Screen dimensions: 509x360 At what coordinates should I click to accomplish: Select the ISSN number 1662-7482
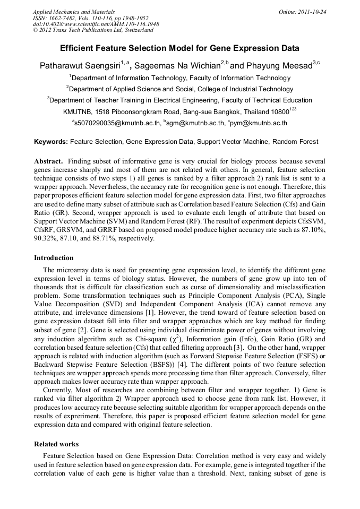[x=61, y=18]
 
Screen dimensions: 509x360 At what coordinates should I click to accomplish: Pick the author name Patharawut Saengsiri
[x=80, y=66]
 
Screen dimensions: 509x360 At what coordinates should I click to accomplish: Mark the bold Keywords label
[x=51, y=142]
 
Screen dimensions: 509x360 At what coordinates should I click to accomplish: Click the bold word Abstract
[x=48, y=161]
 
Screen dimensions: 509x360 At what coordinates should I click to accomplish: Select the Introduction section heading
[x=54, y=258]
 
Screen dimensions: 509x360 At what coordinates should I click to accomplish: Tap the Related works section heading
[x=56, y=444]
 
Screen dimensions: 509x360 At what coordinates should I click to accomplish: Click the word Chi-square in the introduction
[x=162, y=338]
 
